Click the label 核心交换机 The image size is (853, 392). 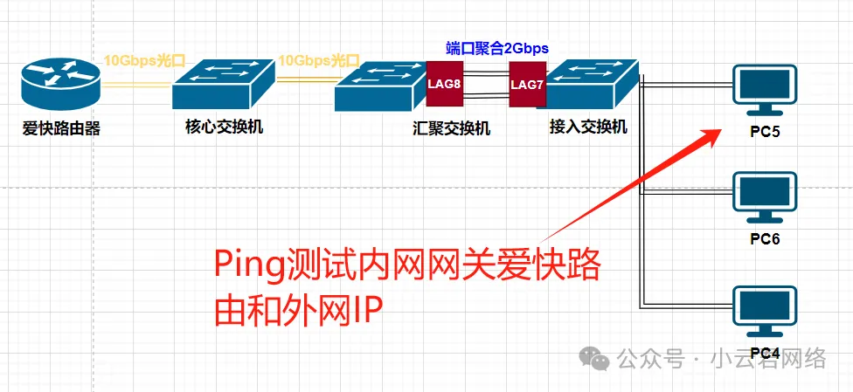pos(225,127)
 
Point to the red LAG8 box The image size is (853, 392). pos(443,84)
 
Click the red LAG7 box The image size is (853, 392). pos(527,84)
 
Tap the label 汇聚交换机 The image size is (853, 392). pos(452,129)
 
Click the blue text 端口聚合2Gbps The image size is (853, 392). pos(498,49)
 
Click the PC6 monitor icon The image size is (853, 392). pos(766,198)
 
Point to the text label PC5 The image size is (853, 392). pos(766,134)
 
